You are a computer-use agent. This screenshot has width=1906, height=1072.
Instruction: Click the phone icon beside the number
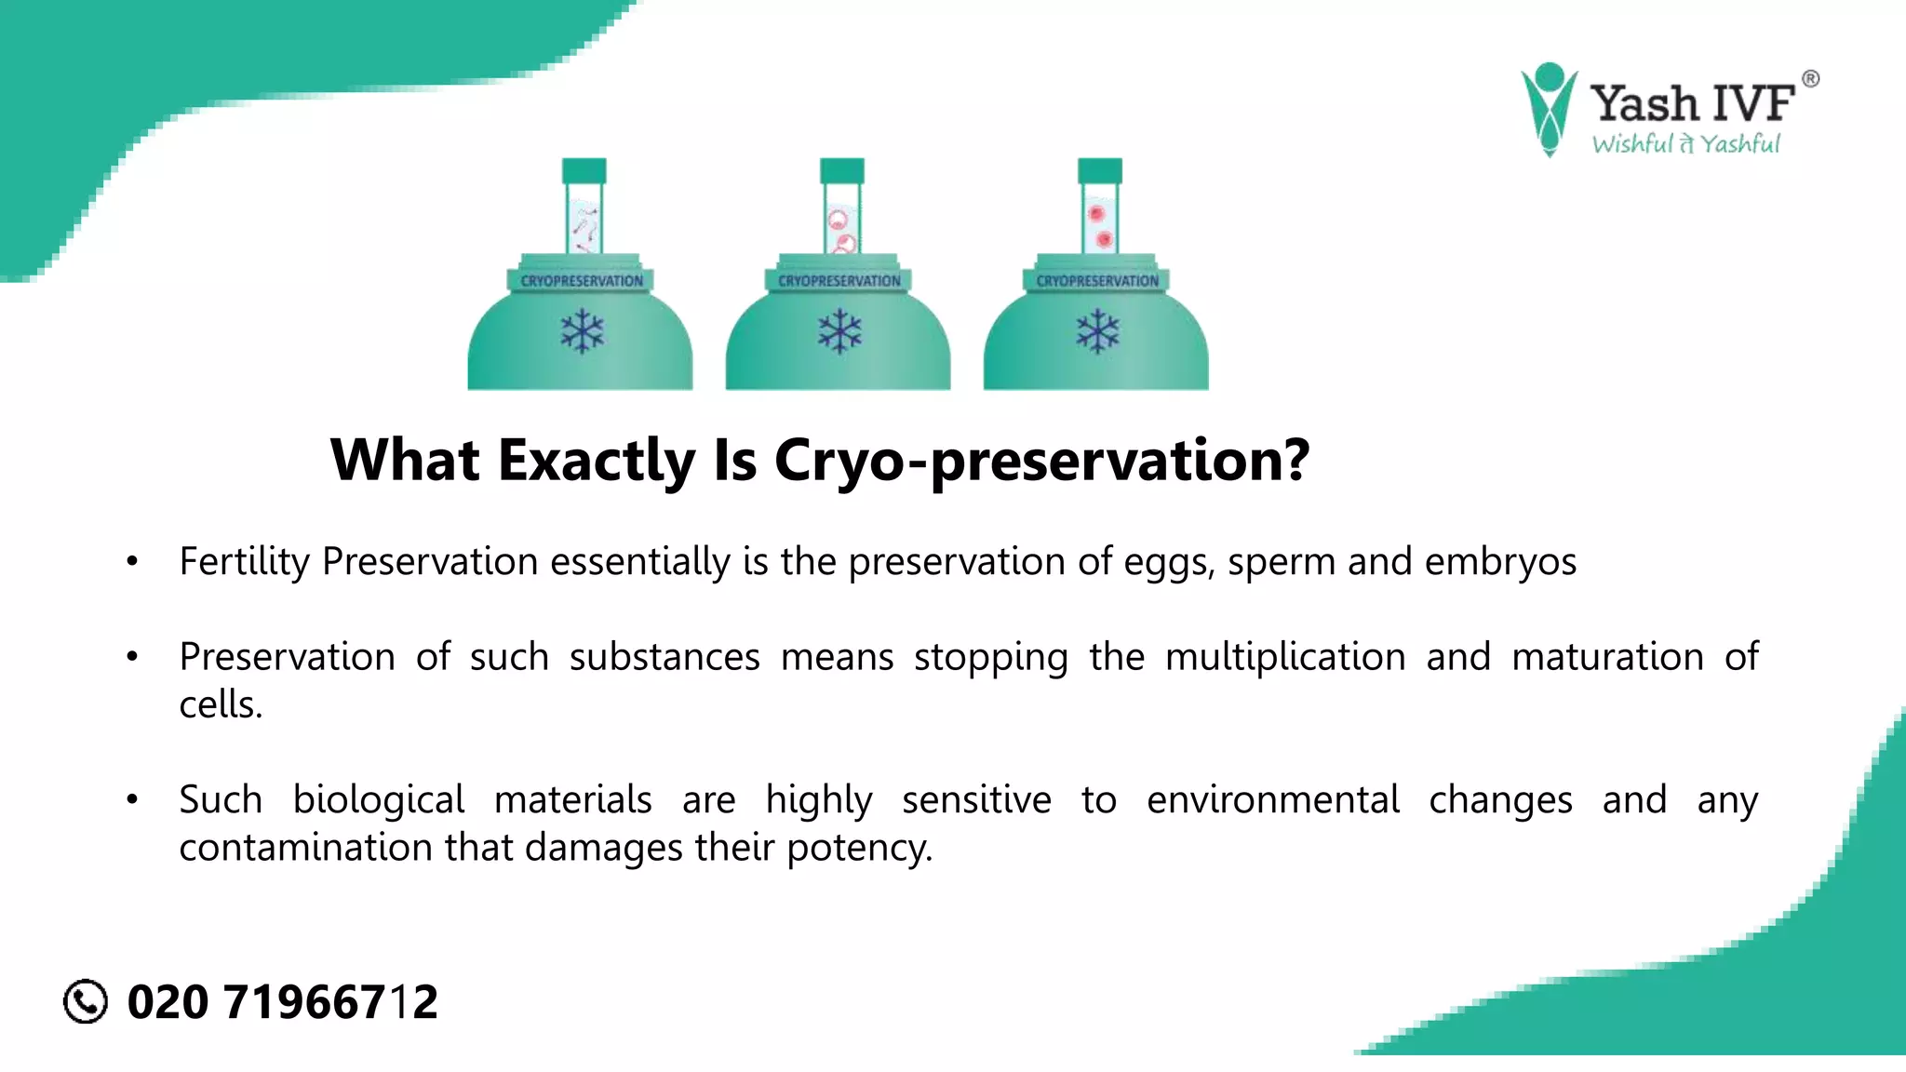click(86, 1001)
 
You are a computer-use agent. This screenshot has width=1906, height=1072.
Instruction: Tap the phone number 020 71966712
click(282, 1002)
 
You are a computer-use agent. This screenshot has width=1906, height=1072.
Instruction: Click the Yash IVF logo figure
click(1549, 109)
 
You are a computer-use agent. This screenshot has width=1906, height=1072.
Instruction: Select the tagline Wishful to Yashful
click(1685, 144)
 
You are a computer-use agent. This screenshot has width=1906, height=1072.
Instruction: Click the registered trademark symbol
click(1810, 79)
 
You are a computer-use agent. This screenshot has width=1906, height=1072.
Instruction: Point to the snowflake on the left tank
click(583, 332)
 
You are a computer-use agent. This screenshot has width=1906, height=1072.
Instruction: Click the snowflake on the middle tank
click(839, 332)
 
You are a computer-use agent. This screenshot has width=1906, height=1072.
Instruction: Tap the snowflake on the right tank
click(1097, 332)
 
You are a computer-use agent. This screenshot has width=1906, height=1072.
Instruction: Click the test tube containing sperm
click(584, 223)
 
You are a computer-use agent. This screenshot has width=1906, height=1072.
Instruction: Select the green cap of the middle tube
click(841, 170)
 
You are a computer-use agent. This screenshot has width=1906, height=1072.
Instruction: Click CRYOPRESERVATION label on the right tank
click(1097, 280)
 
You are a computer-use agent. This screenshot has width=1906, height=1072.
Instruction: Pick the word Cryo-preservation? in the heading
click(1041, 460)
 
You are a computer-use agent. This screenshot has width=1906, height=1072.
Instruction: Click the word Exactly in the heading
click(597, 460)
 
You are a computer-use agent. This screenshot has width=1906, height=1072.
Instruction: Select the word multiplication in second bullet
click(1284, 657)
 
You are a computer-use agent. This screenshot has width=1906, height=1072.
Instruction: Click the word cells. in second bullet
click(221, 705)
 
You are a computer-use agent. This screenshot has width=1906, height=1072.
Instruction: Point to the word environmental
click(1272, 800)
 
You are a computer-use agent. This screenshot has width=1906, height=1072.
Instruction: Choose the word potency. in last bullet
click(859, 848)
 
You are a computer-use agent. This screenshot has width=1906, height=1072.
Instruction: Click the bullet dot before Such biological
click(132, 799)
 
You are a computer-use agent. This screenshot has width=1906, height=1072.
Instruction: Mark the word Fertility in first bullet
click(244, 562)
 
